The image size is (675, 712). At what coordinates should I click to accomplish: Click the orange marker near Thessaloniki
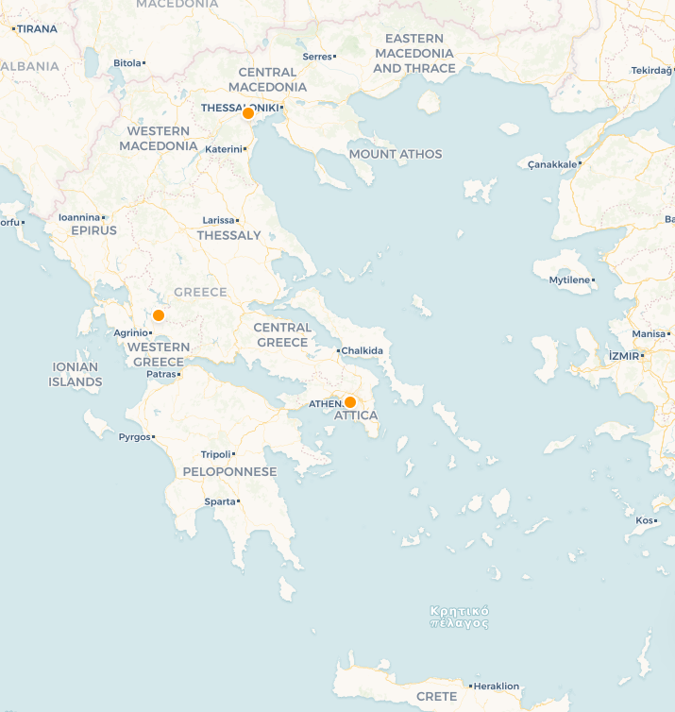point(248,113)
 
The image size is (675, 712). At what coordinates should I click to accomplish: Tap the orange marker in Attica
point(350,401)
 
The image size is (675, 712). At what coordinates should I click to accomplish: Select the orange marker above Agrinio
point(159,315)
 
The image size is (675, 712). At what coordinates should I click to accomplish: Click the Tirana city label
point(36,29)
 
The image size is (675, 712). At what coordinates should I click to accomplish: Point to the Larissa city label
point(218,220)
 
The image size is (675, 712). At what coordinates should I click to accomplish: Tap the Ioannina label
point(79,217)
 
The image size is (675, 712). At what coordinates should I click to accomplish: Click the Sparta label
point(220,501)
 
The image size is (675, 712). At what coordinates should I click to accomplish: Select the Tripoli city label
point(216,454)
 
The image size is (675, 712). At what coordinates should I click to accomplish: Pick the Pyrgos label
point(134,437)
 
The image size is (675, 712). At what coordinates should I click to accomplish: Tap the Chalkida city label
point(363,351)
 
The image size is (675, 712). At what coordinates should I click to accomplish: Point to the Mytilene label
point(569,280)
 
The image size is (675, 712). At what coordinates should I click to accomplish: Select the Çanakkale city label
point(552,164)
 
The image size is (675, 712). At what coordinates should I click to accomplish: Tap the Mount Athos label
point(395,154)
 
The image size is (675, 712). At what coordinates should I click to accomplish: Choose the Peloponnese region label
point(229,471)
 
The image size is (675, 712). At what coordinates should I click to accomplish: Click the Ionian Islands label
point(76,375)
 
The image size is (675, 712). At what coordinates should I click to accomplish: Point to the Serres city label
point(316,57)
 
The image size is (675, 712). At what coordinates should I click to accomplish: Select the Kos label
point(645,520)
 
